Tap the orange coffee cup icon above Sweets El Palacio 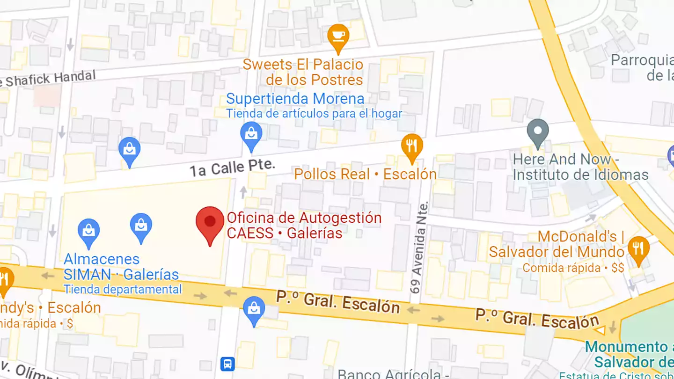point(338,36)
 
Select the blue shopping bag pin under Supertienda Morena point(251,134)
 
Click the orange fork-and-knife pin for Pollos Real point(412,146)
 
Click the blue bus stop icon point(227,364)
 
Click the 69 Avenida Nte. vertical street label point(419,248)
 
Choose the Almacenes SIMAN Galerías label point(121,267)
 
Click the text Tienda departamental point(123,290)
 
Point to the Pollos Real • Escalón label point(365,175)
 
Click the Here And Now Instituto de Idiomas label point(580,167)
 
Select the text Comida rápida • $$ point(573,268)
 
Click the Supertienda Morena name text point(295,99)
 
